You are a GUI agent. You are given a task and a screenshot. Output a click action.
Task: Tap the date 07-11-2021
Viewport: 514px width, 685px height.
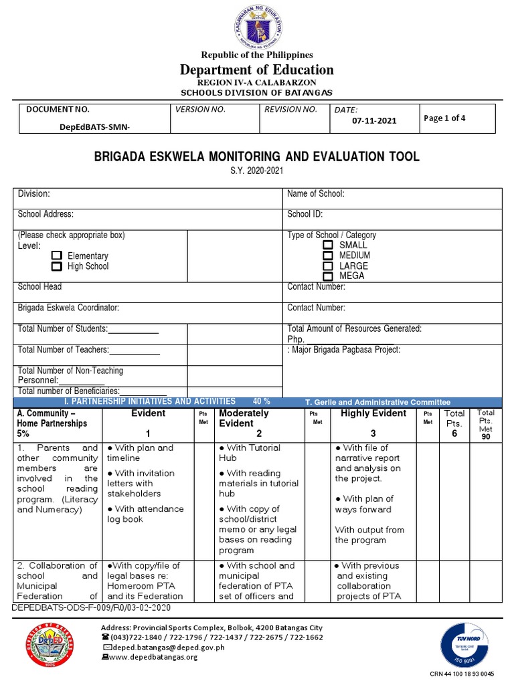pyautogui.click(x=374, y=120)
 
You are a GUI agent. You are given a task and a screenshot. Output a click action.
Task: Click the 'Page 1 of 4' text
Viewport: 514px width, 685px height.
pyautogui.click(x=444, y=118)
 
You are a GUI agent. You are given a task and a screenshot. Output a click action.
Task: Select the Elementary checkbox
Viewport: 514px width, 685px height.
pyautogui.click(x=57, y=256)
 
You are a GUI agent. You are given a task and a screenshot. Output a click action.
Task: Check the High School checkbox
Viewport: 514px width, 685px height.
pyautogui.click(x=57, y=266)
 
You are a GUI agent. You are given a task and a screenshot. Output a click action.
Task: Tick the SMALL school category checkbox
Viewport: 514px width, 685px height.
pyautogui.click(x=327, y=246)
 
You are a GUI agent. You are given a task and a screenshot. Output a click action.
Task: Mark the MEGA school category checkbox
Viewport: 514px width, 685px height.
pyautogui.click(x=327, y=276)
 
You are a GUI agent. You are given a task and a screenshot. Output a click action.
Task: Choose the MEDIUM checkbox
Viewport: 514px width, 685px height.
pyautogui.click(x=327, y=256)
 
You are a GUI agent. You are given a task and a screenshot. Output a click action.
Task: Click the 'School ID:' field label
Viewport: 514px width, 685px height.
pyautogui.click(x=305, y=214)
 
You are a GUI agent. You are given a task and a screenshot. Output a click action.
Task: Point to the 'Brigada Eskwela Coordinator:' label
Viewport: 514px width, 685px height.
pyautogui.click(x=69, y=308)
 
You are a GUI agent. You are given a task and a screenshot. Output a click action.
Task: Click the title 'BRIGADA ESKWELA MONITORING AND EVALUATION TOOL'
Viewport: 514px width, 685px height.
pyautogui.click(x=257, y=157)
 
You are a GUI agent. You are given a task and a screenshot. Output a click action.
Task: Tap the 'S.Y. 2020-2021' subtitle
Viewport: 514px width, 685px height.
pyautogui.click(x=257, y=171)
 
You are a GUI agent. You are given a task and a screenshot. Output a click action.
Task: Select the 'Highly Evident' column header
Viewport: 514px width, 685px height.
pyautogui.click(x=373, y=413)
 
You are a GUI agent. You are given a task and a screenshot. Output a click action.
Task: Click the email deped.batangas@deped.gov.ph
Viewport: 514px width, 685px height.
pyautogui.click(x=161, y=648)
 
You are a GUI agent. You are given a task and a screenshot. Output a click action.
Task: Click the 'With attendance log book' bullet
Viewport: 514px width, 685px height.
pyautogui.click(x=145, y=514)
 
